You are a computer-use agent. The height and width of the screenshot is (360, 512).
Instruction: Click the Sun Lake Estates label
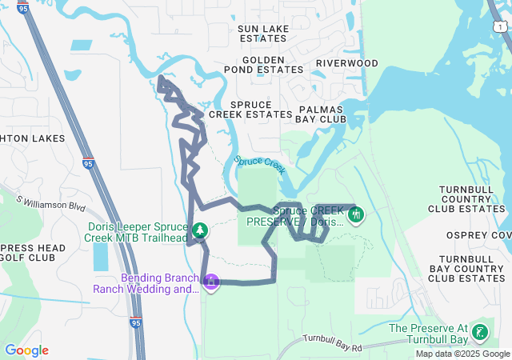tap(263, 33)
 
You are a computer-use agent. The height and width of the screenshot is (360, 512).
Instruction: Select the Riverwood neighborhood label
tap(346, 63)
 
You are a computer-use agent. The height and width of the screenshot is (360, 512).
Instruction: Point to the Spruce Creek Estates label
tap(250, 110)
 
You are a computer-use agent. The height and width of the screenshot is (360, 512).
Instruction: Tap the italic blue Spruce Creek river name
tap(260, 164)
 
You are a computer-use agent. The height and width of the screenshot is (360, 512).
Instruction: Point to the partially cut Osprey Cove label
tap(490, 234)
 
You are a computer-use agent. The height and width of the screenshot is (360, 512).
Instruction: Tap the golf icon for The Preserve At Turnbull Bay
tap(480, 332)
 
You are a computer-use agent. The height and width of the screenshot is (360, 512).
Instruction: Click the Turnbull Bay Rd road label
tap(332, 343)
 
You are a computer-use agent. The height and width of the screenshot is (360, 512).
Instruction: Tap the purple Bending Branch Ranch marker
tap(211, 282)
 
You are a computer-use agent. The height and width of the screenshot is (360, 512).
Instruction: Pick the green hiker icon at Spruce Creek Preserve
tap(356, 214)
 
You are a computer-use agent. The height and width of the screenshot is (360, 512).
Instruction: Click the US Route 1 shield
tap(499, 27)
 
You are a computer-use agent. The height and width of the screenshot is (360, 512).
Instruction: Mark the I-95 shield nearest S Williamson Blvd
tap(86, 164)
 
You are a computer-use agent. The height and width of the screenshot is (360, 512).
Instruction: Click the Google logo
tap(26, 350)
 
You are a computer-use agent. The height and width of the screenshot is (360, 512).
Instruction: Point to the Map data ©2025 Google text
tap(462, 354)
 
